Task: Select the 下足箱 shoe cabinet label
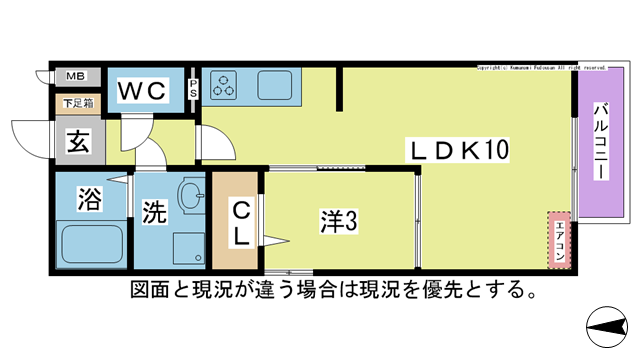[x=75, y=102]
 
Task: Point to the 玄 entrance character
[x=79, y=140]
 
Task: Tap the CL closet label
[x=241, y=223]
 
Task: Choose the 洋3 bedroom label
[x=340, y=222]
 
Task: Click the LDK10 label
[x=460, y=152]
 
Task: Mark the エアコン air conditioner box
[x=559, y=240]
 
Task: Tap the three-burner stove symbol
[x=222, y=86]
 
